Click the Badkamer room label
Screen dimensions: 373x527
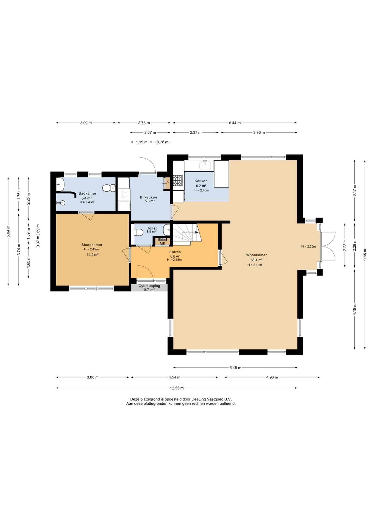[x=87, y=193]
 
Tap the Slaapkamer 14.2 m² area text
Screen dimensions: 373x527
[x=93, y=254]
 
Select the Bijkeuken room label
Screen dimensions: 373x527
[x=148, y=197]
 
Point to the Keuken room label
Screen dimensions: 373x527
[x=201, y=181]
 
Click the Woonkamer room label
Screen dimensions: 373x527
[x=257, y=255]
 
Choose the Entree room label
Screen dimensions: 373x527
[x=175, y=252]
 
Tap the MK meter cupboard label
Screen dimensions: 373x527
[x=163, y=243]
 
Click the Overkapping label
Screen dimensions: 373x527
[x=149, y=286]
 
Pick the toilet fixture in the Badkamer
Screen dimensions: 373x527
[x=109, y=188]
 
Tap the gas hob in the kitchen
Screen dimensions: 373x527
[x=178, y=181]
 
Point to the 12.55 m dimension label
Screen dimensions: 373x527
[x=177, y=388]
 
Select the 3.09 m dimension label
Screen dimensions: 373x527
[x=86, y=123]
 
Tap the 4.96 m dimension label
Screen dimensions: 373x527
[x=272, y=377]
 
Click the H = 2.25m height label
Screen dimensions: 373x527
[x=308, y=246]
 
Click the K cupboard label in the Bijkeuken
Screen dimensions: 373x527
[x=168, y=181]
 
